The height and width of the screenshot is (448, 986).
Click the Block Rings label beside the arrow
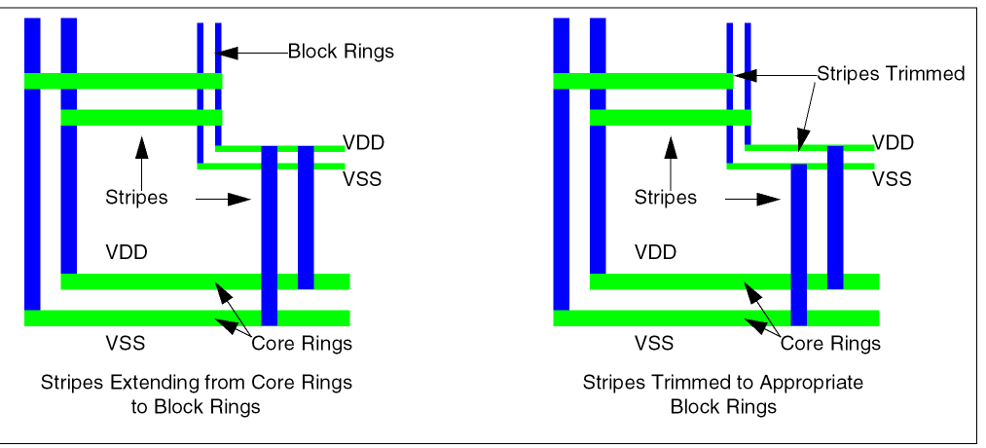(341, 52)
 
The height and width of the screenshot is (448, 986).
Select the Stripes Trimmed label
(890, 74)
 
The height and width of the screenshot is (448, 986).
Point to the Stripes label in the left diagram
(136, 198)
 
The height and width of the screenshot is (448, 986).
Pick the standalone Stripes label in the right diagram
(666, 198)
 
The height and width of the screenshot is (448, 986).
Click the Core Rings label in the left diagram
(302, 343)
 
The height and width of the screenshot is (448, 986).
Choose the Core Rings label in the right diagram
(830, 343)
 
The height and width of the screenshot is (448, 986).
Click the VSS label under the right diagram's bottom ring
(654, 343)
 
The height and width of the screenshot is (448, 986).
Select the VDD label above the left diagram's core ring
(126, 252)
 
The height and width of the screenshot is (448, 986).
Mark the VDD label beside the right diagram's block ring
(893, 143)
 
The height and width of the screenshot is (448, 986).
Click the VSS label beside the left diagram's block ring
(362, 178)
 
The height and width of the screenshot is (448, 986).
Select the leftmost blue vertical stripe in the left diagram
(32, 166)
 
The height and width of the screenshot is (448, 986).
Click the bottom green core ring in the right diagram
(715, 318)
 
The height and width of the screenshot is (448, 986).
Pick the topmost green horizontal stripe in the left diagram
(123, 81)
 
